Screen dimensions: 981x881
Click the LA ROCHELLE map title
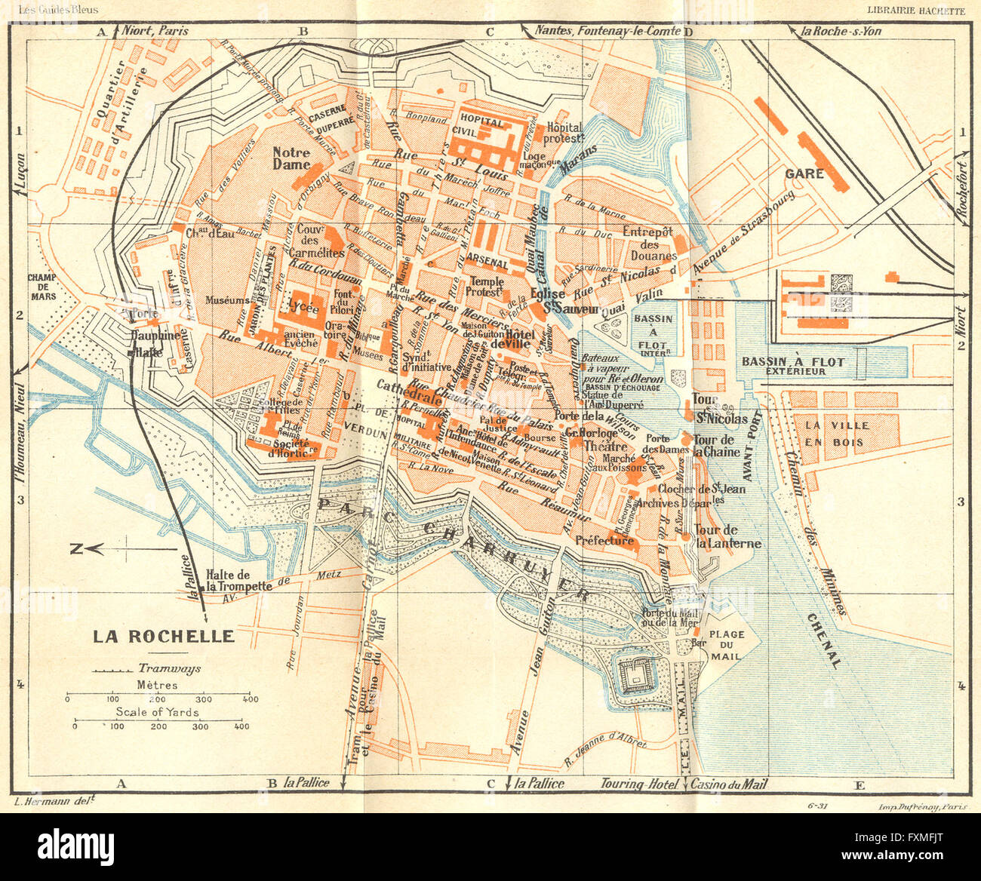163,636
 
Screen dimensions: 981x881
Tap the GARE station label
804,173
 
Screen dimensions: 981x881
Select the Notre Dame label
291,158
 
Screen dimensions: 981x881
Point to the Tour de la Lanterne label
727,536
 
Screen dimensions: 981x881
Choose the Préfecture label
604,541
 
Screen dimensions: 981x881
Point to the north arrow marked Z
76,549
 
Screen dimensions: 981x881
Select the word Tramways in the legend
164,668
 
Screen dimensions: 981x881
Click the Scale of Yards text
157,712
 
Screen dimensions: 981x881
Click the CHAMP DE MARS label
43,287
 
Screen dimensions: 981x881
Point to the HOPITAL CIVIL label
481,127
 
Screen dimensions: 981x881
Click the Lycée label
303,309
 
